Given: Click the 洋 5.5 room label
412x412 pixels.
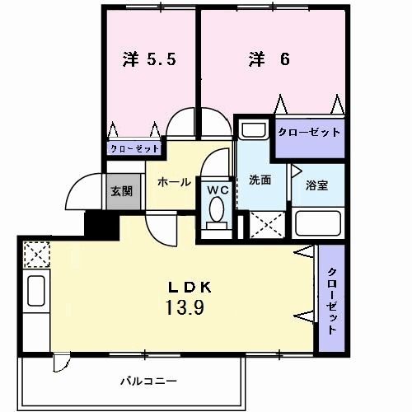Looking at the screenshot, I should coord(149,60).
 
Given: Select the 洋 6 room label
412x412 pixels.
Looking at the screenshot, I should coord(269,60).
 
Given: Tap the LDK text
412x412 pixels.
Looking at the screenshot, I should coord(191,288).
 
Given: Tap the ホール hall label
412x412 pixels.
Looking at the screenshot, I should coord(175,182).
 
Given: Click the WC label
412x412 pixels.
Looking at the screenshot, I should coord(218,190).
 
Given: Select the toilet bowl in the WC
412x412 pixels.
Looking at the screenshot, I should coord(218,214).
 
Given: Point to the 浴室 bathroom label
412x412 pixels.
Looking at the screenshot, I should coord(317,185).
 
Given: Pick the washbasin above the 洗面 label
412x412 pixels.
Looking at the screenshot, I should coord(253,132).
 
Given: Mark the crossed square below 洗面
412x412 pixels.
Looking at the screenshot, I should coord(267,224).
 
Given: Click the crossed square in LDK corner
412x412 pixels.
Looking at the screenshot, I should coord(36,253).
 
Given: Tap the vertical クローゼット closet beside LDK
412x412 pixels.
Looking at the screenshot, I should coord(331,300).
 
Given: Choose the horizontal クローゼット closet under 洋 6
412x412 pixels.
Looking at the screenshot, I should coord(308,133).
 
